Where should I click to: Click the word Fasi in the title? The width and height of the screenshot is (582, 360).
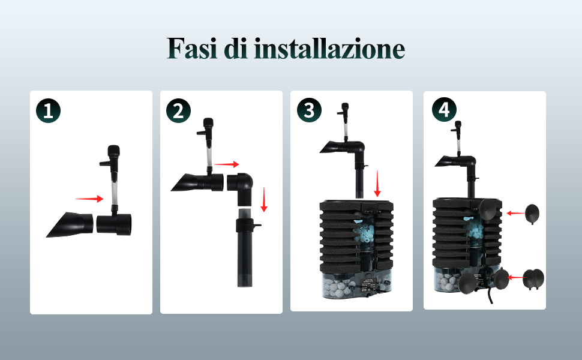(x=192, y=48)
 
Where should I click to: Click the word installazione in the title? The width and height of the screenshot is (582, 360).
(x=329, y=48)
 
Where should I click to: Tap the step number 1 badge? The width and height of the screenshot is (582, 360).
(x=48, y=110)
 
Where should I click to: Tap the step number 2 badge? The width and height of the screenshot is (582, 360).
(x=179, y=110)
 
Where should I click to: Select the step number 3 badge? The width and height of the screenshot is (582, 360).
(x=309, y=110)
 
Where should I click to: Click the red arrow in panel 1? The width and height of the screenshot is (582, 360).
(x=89, y=199)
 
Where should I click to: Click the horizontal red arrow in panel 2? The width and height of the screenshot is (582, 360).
(x=226, y=164)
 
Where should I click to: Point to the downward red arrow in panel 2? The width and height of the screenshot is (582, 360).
(x=264, y=199)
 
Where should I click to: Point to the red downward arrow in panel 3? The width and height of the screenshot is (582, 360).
(x=377, y=184)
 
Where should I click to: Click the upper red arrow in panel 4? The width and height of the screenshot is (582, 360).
(x=516, y=213)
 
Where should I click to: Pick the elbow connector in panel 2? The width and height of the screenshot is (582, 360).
(x=241, y=188)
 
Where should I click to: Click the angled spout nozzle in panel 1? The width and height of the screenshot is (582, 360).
(x=69, y=224)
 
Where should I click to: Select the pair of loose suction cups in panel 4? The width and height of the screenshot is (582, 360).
(x=533, y=280)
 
